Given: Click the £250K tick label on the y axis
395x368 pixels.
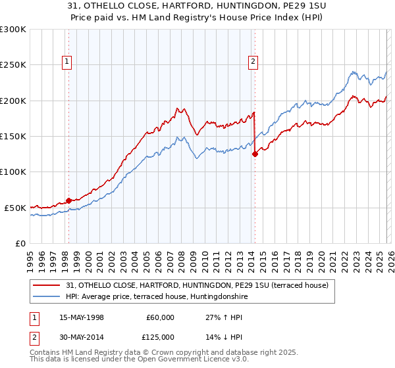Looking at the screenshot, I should coord(13,65).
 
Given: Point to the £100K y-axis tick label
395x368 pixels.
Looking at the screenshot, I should coord(13,172).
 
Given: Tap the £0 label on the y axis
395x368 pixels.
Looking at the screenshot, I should coord(20,243).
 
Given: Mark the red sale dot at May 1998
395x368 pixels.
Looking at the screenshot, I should coord(68,200).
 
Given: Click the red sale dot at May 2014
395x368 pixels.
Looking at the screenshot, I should coord(255,154).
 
